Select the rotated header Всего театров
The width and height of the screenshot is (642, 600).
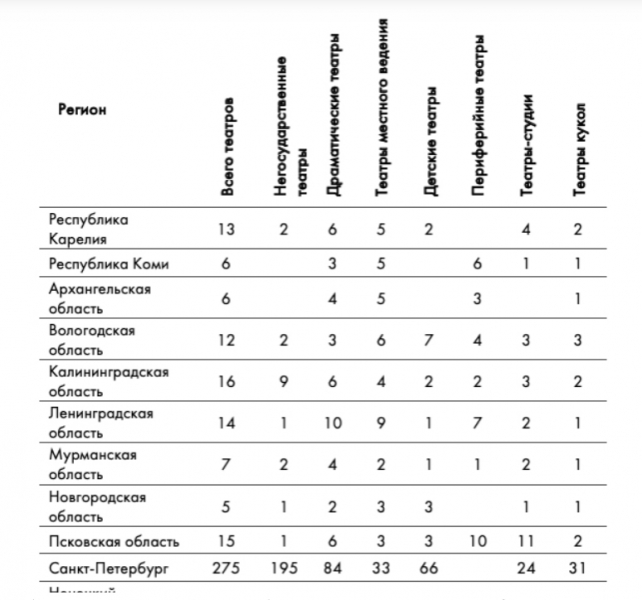pyautogui.click(x=229, y=146)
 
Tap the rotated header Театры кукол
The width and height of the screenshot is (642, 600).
pyautogui.click(x=579, y=146)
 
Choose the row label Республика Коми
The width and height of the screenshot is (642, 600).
pyautogui.click(x=109, y=264)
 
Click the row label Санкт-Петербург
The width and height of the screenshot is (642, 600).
pyautogui.click(x=109, y=568)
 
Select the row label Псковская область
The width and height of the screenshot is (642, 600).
pyautogui.click(x=114, y=541)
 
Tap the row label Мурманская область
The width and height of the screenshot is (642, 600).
pyautogui.click(x=93, y=464)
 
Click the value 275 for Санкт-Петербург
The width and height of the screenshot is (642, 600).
pyautogui.click(x=228, y=568)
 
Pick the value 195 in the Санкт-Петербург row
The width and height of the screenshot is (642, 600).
pyautogui.click(x=283, y=568)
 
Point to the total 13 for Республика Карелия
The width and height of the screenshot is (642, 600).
pyautogui.click(x=227, y=229)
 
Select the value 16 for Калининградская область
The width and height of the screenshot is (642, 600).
pyautogui.click(x=227, y=381)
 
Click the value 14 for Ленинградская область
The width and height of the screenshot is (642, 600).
pyautogui.click(x=227, y=423)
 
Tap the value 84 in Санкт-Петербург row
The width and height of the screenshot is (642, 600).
pyautogui.click(x=332, y=568)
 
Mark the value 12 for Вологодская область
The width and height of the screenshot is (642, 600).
pyautogui.click(x=227, y=339)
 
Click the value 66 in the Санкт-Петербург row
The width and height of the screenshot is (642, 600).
pyautogui.click(x=430, y=568)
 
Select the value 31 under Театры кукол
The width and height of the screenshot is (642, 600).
pyautogui.click(x=579, y=568)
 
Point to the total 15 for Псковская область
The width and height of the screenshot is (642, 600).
pyautogui.click(x=227, y=541)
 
